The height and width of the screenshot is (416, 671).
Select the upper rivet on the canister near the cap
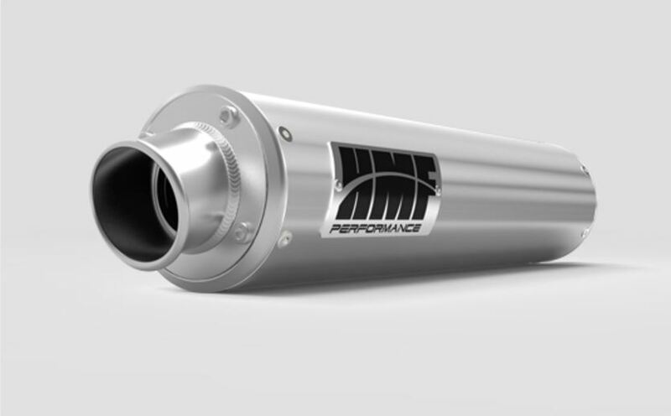click(x=287, y=132)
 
